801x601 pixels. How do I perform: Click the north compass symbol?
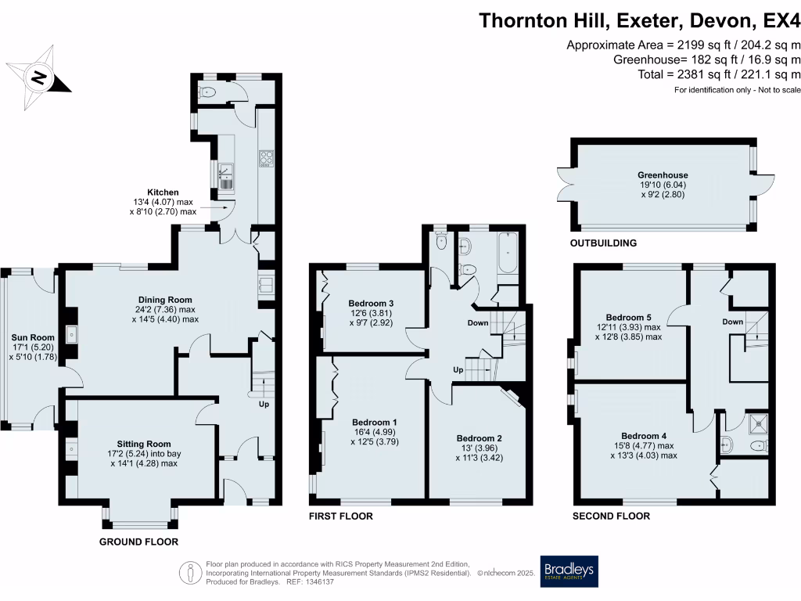tap(38, 77)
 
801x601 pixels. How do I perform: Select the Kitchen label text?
tap(163, 192)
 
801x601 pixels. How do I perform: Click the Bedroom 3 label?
tap(371, 304)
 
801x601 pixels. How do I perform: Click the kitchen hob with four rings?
tap(264, 159)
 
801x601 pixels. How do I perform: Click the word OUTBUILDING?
tap(603, 243)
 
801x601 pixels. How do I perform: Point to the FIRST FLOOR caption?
tap(341, 516)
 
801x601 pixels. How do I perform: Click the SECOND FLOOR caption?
tap(611, 516)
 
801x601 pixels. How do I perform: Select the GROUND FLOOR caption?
tap(138, 542)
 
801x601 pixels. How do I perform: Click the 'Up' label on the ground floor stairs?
tap(264, 405)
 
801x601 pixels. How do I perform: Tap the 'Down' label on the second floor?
tap(732, 322)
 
